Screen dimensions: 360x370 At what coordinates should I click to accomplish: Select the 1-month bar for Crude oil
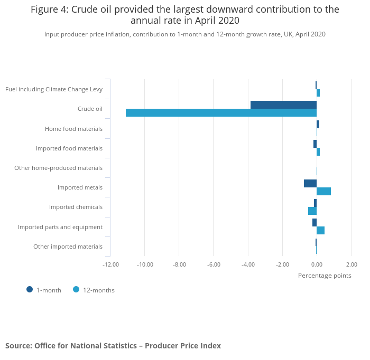pyautogui.click(x=283, y=105)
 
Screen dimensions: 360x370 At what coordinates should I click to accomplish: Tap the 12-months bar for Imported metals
pyautogui.click(x=323, y=191)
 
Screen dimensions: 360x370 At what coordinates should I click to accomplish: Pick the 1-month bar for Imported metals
pyautogui.click(x=310, y=183)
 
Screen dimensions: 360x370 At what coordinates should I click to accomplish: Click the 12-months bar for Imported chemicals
pyautogui.click(x=312, y=211)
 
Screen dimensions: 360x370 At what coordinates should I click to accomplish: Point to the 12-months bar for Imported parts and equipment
pyautogui.click(x=320, y=231)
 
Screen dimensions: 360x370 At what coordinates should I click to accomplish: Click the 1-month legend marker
pyautogui.click(x=30, y=289)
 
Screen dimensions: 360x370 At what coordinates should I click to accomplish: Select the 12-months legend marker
pyautogui.click(x=76, y=289)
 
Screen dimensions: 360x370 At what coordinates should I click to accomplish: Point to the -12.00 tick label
pyautogui.click(x=110, y=264)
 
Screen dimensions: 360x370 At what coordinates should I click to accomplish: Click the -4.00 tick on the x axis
pyautogui.click(x=248, y=264)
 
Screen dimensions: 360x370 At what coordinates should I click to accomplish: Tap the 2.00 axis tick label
pyautogui.click(x=351, y=264)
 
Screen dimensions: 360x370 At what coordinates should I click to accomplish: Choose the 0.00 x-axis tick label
pyautogui.click(x=317, y=264)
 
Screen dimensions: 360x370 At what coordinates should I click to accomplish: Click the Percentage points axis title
pyautogui.click(x=325, y=275)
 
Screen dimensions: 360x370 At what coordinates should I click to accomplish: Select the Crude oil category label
pyautogui.click(x=90, y=109)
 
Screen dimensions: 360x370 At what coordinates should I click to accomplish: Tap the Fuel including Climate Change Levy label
pyautogui.click(x=54, y=89)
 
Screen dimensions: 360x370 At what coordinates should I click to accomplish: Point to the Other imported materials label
pyautogui.click(x=68, y=247)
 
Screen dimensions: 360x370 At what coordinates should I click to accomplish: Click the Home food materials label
pyautogui.click(x=73, y=128)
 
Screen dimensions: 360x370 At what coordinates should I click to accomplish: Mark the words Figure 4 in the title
pyautogui.click(x=50, y=10)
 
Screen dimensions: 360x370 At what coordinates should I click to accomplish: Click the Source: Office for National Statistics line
pyautogui.click(x=113, y=346)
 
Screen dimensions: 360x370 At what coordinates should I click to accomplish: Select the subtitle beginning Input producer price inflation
pyautogui.click(x=184, y=34)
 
